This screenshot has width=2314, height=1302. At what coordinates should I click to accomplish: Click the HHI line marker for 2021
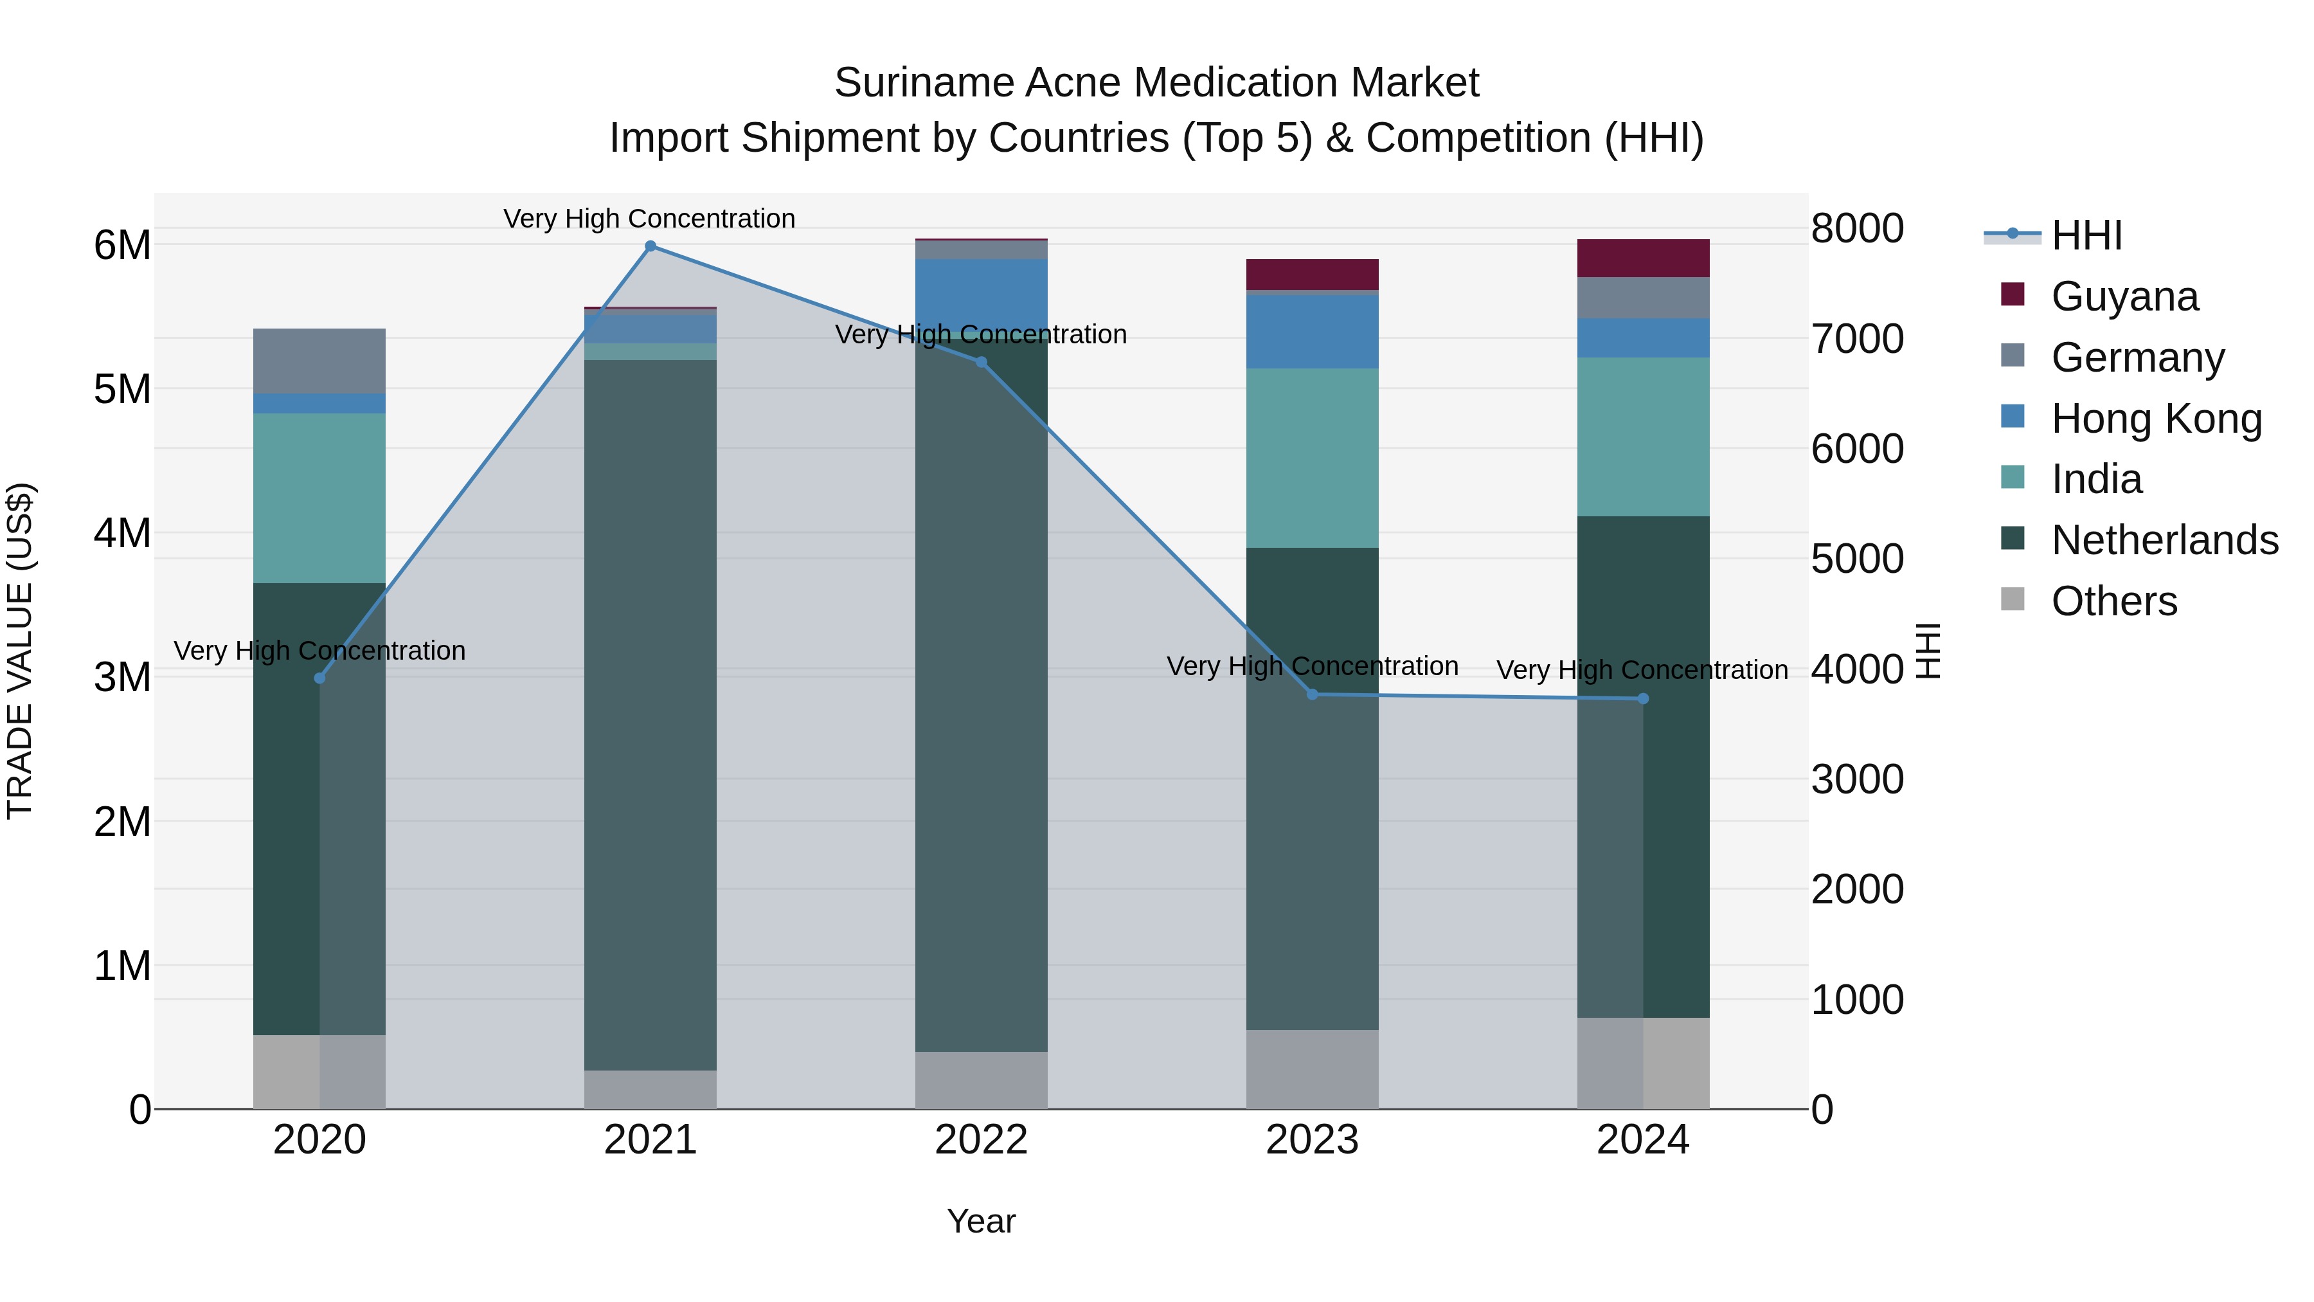tap(650, 246)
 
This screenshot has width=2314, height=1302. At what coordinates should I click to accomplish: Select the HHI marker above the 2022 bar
tap(981, 362)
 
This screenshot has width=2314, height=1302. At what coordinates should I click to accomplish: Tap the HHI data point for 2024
tap(1643, 698)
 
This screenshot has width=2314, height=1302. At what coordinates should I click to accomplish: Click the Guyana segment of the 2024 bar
tap(1643, 258)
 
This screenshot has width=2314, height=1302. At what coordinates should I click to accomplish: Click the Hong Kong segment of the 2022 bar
tap(981, 292)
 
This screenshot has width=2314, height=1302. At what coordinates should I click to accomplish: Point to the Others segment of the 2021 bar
tap(650, 1089)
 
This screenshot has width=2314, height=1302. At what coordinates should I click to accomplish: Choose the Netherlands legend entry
tap(2165, 540)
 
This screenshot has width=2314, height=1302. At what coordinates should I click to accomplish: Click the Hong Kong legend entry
tap(2156, 419)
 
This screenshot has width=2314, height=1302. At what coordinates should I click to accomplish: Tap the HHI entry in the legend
tap(2086, 235)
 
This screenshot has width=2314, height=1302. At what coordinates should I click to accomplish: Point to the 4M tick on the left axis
tap(122, 533)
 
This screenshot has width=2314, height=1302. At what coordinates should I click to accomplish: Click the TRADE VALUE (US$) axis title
tap(20, 651)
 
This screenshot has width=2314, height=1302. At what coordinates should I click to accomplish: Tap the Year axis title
tap(981, 1221)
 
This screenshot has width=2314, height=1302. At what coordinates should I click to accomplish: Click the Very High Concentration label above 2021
tap(649, 219)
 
